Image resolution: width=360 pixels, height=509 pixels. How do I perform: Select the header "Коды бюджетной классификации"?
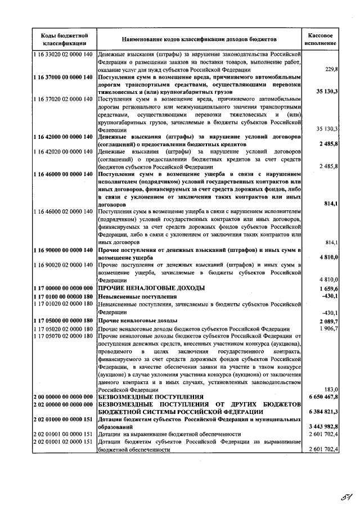(64, 39)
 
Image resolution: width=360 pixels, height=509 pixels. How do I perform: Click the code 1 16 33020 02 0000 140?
(64, 54)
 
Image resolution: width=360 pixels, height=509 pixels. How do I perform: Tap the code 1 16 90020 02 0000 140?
(64, 264)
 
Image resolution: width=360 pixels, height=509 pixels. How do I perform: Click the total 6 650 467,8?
(322, 397)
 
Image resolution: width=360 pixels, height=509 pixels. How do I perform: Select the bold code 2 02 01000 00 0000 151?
(64, 419)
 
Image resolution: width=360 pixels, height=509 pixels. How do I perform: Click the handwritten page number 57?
(340, 497)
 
